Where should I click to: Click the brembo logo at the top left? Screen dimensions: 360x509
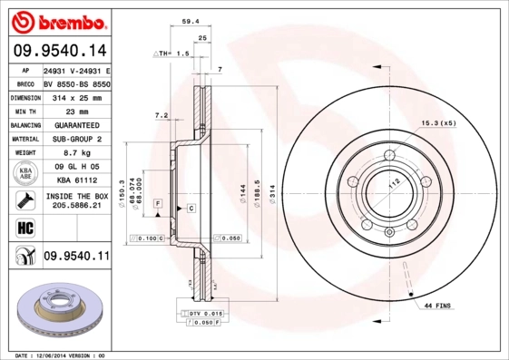tap(61, 21)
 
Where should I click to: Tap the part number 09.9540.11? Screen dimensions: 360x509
tap(76, 258)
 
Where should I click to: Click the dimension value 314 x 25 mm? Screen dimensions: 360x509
tap(77, 95)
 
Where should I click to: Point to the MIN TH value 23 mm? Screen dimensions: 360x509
tap(77, 110)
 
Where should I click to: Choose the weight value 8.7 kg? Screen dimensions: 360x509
tap(77, 153)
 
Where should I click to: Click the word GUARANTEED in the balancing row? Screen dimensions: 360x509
tap(77, 124)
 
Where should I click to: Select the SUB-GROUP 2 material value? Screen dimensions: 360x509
tap(77, 139)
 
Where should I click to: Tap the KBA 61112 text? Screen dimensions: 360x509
tap(77, 181)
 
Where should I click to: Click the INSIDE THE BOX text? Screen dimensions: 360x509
tap(77, 197)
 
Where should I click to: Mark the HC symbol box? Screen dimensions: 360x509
tap(24, 227)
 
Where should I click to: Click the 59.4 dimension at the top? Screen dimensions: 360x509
tap(190, 20)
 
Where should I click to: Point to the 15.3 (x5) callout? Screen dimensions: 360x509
tap(436, 122)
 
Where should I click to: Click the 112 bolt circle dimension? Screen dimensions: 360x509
tap(394, 183)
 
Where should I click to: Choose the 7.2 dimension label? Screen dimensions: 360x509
tap(162, 115)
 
